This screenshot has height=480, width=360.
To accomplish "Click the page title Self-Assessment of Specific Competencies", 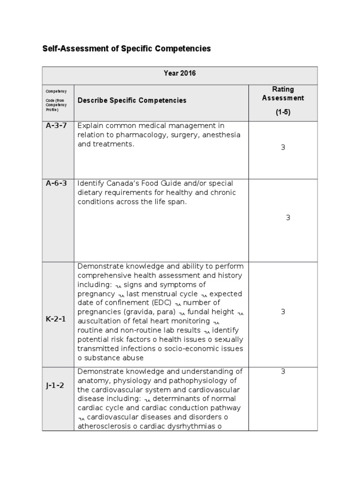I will [x=127, y=49].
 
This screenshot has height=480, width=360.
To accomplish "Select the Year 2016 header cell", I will [x=180, y=73].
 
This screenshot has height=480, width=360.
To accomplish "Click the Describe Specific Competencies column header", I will [x=132, y=100].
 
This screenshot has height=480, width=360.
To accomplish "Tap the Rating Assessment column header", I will [x=283, y=94].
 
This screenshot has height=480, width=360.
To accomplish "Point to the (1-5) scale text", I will [x=283, y=112].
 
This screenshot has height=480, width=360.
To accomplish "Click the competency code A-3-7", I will [x=56, y=126].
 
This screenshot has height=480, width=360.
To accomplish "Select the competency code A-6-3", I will [x=56, y=183].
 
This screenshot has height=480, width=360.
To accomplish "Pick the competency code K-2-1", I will [x=56, y=319].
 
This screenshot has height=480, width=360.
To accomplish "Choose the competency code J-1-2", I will [x=55, y=386].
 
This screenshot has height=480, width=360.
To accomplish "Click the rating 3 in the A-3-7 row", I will [x=283, y=147].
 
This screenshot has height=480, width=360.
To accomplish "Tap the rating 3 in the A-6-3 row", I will [x=288, y=217].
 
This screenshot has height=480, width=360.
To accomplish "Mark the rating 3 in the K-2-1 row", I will [x=283, y=312].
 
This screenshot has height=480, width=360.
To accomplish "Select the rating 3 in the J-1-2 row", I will [x=283, y=371].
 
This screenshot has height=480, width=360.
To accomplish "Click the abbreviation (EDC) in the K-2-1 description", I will [x=158, y=303].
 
